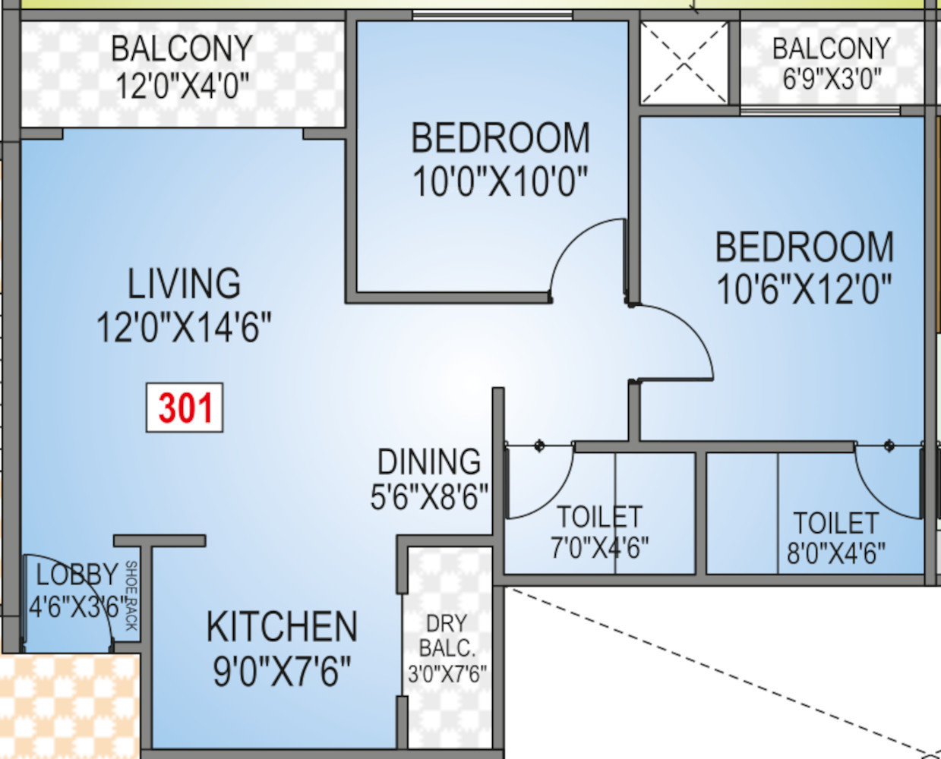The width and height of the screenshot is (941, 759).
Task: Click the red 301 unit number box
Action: click(x=185, y=408)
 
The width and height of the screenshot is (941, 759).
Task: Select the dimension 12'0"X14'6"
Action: click(x=184, y=327)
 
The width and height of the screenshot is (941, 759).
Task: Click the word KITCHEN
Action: click(x=282, y=626)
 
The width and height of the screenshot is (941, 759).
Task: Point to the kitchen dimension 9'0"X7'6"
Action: click(x=282, y=671)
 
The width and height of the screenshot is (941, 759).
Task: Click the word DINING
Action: click(x=429, y=461)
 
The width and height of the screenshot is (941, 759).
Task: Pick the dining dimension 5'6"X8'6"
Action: click(x=429, y=496)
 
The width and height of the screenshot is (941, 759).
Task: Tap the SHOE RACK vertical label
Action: click(x=131, y=596)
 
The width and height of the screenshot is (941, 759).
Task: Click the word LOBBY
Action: click(x=77, y=575)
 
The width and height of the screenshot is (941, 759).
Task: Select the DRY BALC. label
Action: click(x=447, y=636)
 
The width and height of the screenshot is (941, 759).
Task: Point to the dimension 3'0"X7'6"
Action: click(x=447, y=674)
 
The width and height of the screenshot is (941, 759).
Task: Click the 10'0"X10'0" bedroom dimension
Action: click(x=500, y=181)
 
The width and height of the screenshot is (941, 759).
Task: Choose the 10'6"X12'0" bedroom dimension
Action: click(x=804, y=289)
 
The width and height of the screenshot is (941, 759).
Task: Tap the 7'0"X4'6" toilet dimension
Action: click(x=599, y=548)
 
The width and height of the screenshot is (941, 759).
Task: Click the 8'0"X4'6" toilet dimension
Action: click(x=836, y=553)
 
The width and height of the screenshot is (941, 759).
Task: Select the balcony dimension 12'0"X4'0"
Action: click(x=182, y=85)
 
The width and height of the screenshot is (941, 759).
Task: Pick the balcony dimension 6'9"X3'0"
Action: click(x=832, y=80)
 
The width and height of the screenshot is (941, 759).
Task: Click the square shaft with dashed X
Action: click(x=684, y=63)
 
